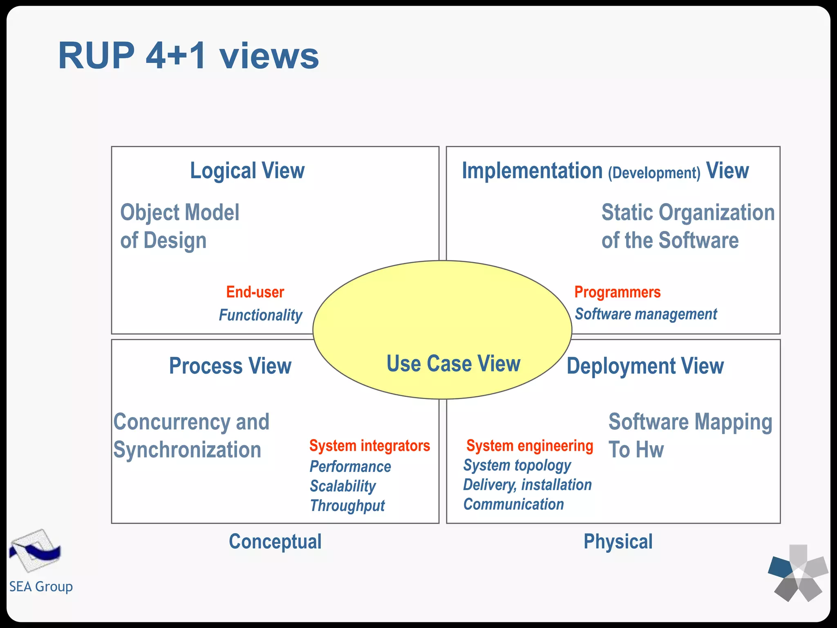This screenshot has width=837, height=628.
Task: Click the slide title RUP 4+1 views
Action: coord(188,56)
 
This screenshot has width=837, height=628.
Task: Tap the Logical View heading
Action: coord(247,170)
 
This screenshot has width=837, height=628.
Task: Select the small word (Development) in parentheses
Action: coord(654,173)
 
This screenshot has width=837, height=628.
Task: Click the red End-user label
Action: coord(255,292)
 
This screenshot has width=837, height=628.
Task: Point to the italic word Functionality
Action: coord(260,315)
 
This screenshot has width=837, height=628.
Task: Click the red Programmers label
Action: coord(617,292)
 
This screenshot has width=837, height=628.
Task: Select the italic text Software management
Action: coord(646,314)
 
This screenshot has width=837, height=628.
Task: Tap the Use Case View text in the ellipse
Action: coord(453,363)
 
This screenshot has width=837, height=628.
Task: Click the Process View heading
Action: coord(230,366)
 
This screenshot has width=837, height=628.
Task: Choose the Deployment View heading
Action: coord(645,366)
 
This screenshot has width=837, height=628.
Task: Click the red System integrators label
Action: coord(369,445)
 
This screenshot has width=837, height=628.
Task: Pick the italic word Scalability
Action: coord(342,486)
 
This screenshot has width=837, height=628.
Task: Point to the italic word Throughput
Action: coord(347,506)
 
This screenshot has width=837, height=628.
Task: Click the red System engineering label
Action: coord(530,445)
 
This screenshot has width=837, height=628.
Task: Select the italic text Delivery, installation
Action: coord(527,485)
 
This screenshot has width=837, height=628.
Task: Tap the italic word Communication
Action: coord(513,504)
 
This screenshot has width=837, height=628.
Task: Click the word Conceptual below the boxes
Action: coord(275,541)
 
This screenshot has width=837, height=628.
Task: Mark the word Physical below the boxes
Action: coord(618,541)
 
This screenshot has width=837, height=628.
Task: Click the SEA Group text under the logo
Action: coord(41,586)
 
